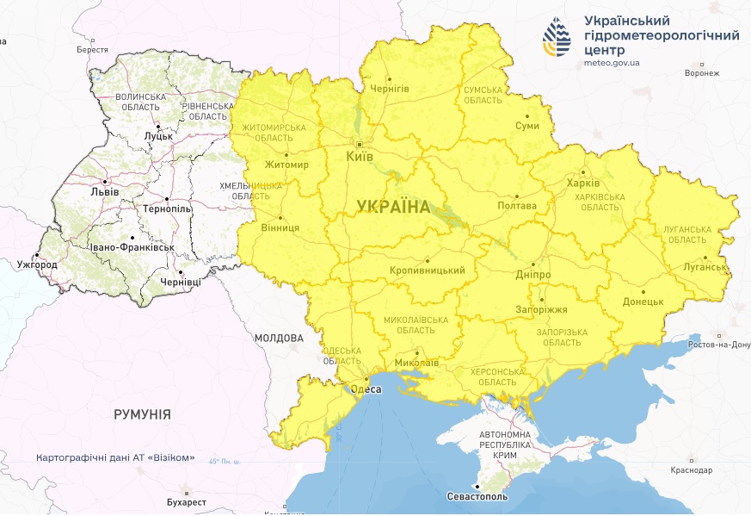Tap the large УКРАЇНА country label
pos(393,206)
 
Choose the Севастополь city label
pos(477,497)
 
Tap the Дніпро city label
pos(533,274)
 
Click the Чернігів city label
pos(389,89)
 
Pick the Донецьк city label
pos(643,302)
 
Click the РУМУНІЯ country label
pos(142,414)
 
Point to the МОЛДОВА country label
pos(279,338)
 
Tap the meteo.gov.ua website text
pos(612,63)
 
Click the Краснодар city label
pos(692,470)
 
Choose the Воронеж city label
pos(701,73)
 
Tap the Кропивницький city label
pos(428,270)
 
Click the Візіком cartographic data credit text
pos(115,457)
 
